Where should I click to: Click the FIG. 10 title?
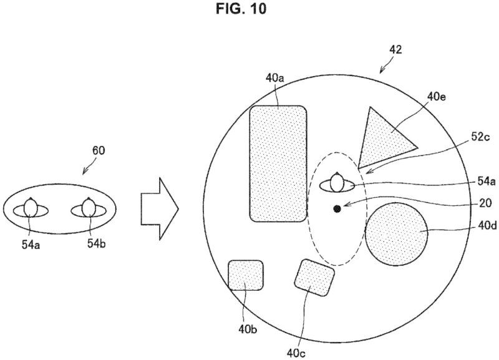[x=241, y=9]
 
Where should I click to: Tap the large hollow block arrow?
[x=160, y=209]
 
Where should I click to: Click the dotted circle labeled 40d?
[x=397, y=234]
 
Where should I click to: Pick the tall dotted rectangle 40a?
[x=278, y=163]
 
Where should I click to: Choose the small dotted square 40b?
[x=246, y=275]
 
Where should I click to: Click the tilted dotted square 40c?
[x=314, y=278]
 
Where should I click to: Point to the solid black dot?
[x=337, y=209]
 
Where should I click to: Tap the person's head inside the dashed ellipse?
[x=337, y=182]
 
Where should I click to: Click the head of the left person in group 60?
[x=31, y=208]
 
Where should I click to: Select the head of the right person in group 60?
[x=88, y=208]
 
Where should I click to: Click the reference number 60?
[x=99, y=150]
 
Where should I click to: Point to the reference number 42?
[x=395, y=50]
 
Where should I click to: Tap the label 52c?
[x=480, y=137]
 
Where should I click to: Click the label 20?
[x=485, y=203]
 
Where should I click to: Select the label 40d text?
[x=487, y=225]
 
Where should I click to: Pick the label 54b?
[x=97, y=243]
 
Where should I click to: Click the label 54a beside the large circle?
[x=487, y=182]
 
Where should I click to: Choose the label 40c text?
[x=296, y=353]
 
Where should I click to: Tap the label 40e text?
[x=436, y=97]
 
